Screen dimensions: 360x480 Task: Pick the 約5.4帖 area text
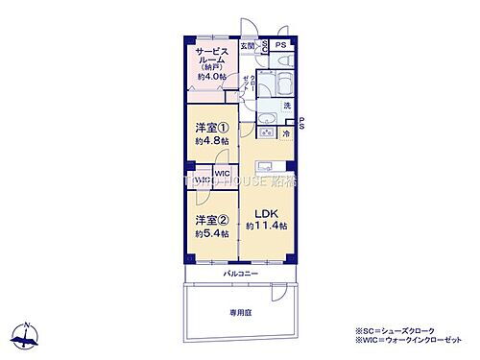coord(210,233)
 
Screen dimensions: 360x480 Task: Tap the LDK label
coord(266,212)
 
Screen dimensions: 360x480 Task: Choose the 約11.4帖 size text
coord(266,226)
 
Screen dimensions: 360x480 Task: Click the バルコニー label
coord(240,274)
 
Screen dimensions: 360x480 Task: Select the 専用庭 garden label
coord(240,313)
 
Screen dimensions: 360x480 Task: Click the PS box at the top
coord(281,45)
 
